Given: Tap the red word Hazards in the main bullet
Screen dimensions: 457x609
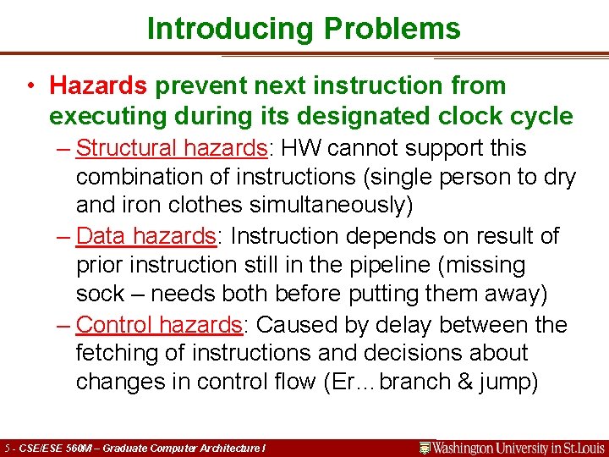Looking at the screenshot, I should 98,85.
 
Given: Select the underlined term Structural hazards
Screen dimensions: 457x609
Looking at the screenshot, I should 172,148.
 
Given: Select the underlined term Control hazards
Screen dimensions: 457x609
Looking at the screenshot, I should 159,324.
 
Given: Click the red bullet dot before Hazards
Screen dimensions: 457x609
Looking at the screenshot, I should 30,86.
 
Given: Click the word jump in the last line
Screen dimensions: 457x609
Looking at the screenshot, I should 504,382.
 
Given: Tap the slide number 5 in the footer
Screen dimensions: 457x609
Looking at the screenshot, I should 8,448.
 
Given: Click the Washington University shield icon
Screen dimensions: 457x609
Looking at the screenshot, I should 425,447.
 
